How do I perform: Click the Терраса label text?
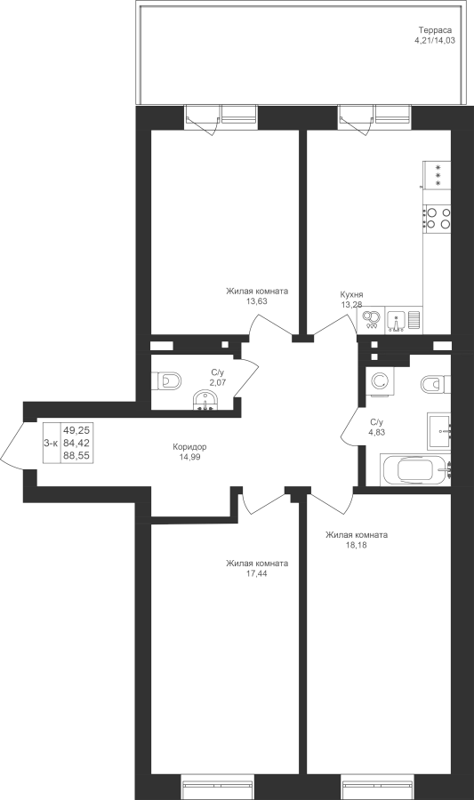click(x=435, y=30)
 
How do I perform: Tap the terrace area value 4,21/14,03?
click(x=435, y=40)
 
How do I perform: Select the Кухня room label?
click(x=351, y=295)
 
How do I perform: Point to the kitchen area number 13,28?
click(x=351, y=305)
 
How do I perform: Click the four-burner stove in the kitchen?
click(x=437, y=218)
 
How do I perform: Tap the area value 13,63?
click(x=257, y=301)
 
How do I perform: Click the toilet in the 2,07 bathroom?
click(x=166, y=380)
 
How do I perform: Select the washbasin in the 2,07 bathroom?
click(x=205, y=401)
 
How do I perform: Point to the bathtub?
click(x=415, y=469)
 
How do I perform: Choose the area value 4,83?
click(x=376, y=432)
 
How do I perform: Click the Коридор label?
click(x=189, y=447)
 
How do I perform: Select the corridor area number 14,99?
click(x=189, y=457)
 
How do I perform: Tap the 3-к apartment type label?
click(x=51, y=444)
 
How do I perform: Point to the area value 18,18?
click(x=356, y=545)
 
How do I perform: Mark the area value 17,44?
click(x=257, y=573)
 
